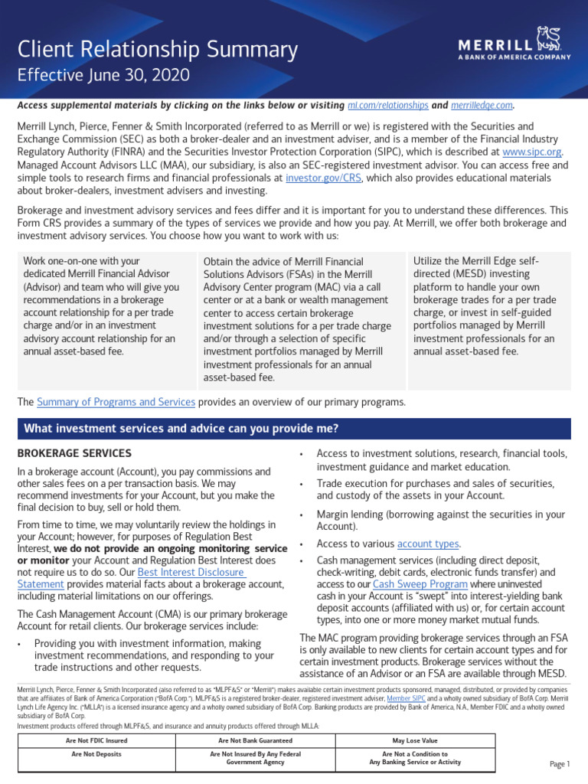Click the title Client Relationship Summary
[x=158, y=51]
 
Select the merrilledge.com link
[x=480, y=106]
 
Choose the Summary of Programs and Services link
[x=116, y=402]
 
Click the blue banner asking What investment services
[x=293, y=428]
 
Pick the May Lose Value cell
[x=414, y=741]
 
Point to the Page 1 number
[x=560, y=764]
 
